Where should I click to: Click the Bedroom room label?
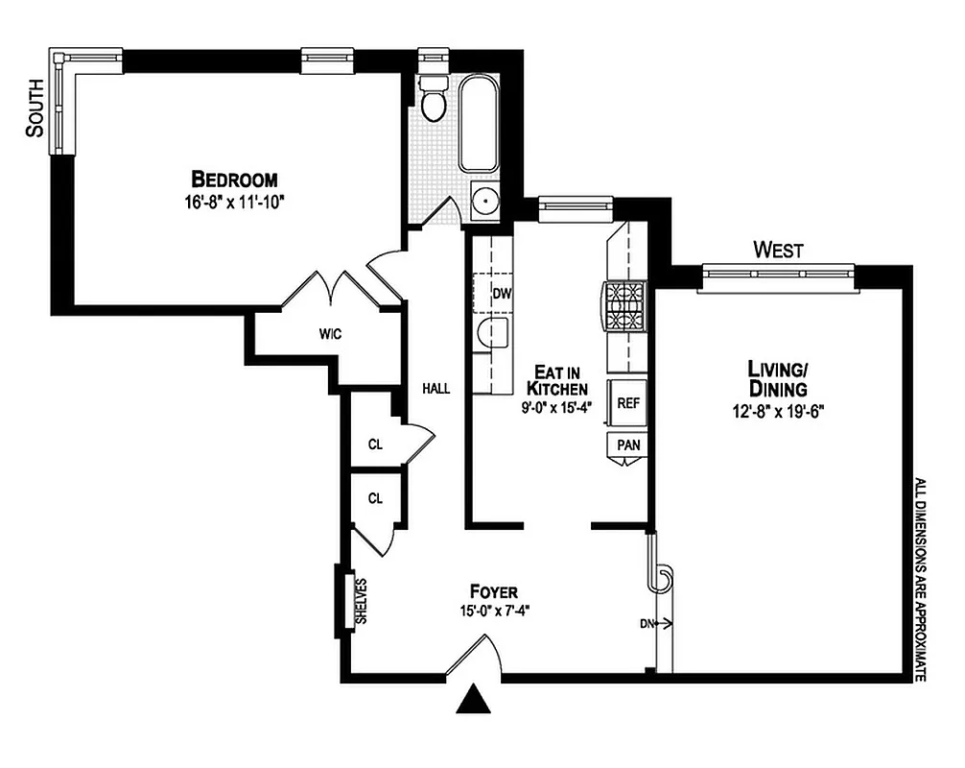[x=235, y=179]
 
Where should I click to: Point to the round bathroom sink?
[x=486, y=202]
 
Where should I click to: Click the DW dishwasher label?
[x=501, y=293]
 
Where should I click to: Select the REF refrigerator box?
[x=627, y=403]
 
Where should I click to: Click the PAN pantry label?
[x=628, y=445]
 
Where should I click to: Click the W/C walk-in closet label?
[x=331, y=334]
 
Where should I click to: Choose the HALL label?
[x=436, y=389]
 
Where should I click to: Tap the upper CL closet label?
[x=375, y=444]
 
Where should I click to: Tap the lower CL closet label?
[x=375, y=498]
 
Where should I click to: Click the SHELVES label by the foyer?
[x=363, y=601]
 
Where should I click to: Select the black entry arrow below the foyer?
[x=473, y=701]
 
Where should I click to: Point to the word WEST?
[x=778, y=251]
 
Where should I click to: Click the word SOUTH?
[x=35, y=108]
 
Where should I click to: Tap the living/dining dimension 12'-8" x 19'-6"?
[x=777, y=411]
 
